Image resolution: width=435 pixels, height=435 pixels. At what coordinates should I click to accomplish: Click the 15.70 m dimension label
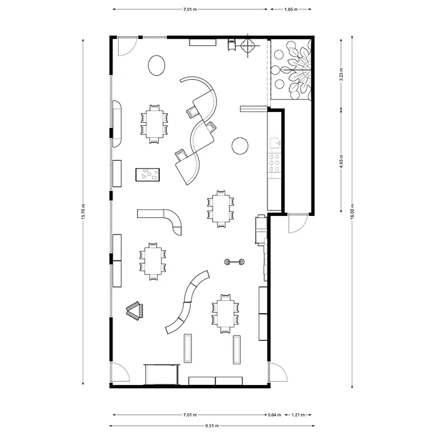(x=83, y=212)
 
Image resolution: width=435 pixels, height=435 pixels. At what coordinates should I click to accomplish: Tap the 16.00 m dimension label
(x=352, y=212)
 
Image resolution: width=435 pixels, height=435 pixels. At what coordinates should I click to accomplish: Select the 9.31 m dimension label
(x=212, y=426)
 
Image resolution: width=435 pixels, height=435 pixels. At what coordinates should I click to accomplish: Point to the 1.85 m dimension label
(x=291, y=9)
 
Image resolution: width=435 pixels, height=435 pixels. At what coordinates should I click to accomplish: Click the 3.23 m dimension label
(x=341, y=74)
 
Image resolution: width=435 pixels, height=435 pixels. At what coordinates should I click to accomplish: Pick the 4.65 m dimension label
(x=341, y=161)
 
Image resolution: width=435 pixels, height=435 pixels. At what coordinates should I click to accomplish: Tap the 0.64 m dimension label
(x=275, y=415)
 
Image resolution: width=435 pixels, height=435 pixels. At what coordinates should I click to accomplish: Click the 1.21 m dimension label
(x=298, y=415)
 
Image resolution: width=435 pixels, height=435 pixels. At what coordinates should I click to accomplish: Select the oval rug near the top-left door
(x=157, y=65)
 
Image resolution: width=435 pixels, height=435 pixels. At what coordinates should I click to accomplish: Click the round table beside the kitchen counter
(x=240, y=146)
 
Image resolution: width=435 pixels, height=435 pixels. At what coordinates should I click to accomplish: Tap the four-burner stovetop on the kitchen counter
(x=275, y=163)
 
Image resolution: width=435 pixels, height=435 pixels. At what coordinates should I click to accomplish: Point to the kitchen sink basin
(x=275, y=143)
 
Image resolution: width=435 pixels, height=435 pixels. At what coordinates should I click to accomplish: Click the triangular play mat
(x=135, y=310)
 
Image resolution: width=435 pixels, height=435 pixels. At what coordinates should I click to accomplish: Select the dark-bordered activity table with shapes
(x=147, y=175)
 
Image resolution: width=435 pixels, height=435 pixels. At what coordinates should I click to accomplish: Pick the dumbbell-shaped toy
(x=234, y=262)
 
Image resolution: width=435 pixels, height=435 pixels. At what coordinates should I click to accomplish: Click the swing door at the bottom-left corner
(x=120, y=372)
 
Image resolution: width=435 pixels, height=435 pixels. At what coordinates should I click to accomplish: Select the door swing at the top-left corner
(x=127, y=46)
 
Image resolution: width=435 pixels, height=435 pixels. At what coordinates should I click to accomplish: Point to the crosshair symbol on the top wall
(x=247, y=46)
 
